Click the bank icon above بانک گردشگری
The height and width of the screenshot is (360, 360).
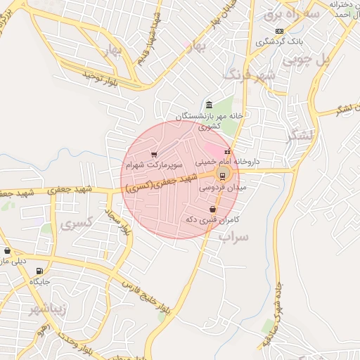(x=280, y=31)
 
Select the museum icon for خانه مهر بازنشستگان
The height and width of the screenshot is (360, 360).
(x=208, y=105)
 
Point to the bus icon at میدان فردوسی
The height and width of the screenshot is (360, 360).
(x=223, y=176)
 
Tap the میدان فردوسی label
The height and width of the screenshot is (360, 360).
(x=222, y=188)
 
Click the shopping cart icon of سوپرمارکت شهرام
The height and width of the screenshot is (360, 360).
(x=155, y=154)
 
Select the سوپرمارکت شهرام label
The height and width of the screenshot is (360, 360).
(x=154, y=166)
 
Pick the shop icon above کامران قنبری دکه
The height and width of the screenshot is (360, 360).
(x=212, y=209)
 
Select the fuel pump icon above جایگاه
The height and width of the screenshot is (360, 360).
(x=38, y=271)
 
